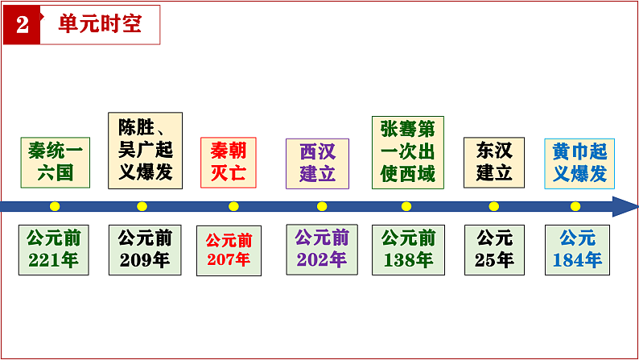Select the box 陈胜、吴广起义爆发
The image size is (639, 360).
(x=145, y=151)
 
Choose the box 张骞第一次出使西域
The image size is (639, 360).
(x=407, y=151)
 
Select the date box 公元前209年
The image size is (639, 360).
(x=145, y=249)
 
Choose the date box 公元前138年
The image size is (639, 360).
(x=408, y=250)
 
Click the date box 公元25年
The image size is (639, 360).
(x=494, y=250)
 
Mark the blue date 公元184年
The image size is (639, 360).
(x=577, y=250)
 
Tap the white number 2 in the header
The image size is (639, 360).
(x=22, y=25)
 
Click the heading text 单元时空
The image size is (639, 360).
(x=101, y=24)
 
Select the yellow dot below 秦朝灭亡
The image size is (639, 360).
(x=233, y=206)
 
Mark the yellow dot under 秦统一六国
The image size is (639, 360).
(x=55, y=206)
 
